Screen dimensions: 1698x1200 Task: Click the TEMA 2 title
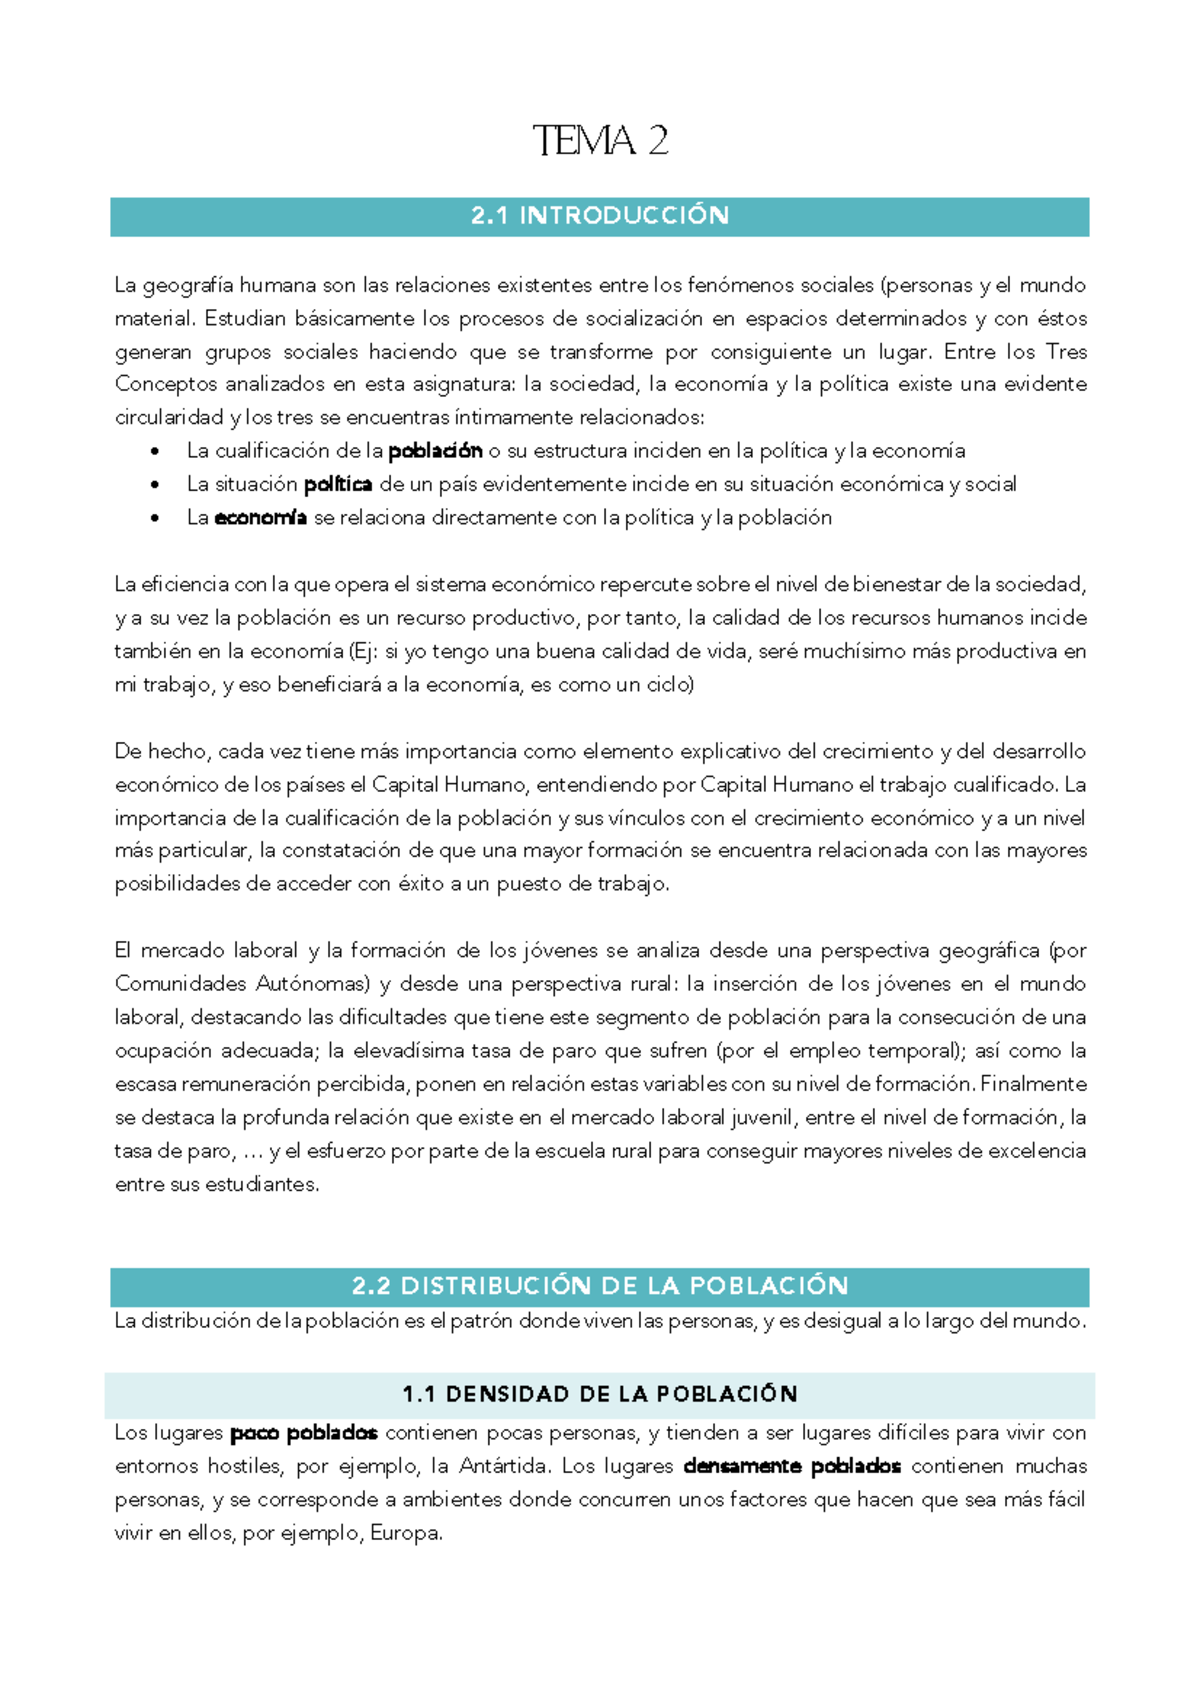point(600,141)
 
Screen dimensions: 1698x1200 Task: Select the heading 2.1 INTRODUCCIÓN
point(600,216)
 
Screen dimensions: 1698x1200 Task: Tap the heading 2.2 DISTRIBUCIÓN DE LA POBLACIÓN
point(600,1286)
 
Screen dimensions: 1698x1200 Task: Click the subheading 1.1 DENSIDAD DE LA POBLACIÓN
point(600,1394)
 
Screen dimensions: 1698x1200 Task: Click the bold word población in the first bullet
point(435,451)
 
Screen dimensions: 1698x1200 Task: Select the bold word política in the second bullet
point(338,485)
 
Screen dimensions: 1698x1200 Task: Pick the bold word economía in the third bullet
point(260,518)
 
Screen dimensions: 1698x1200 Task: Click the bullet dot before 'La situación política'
point(154,486)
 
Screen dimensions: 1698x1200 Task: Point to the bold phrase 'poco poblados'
point(303,1433)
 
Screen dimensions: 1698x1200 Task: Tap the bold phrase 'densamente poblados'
point(792,1467)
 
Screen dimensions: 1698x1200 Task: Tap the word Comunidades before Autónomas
point(180,984)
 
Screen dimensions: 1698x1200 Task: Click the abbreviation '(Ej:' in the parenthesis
point(364,652)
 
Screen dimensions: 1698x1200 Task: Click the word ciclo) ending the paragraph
point(667,685)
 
